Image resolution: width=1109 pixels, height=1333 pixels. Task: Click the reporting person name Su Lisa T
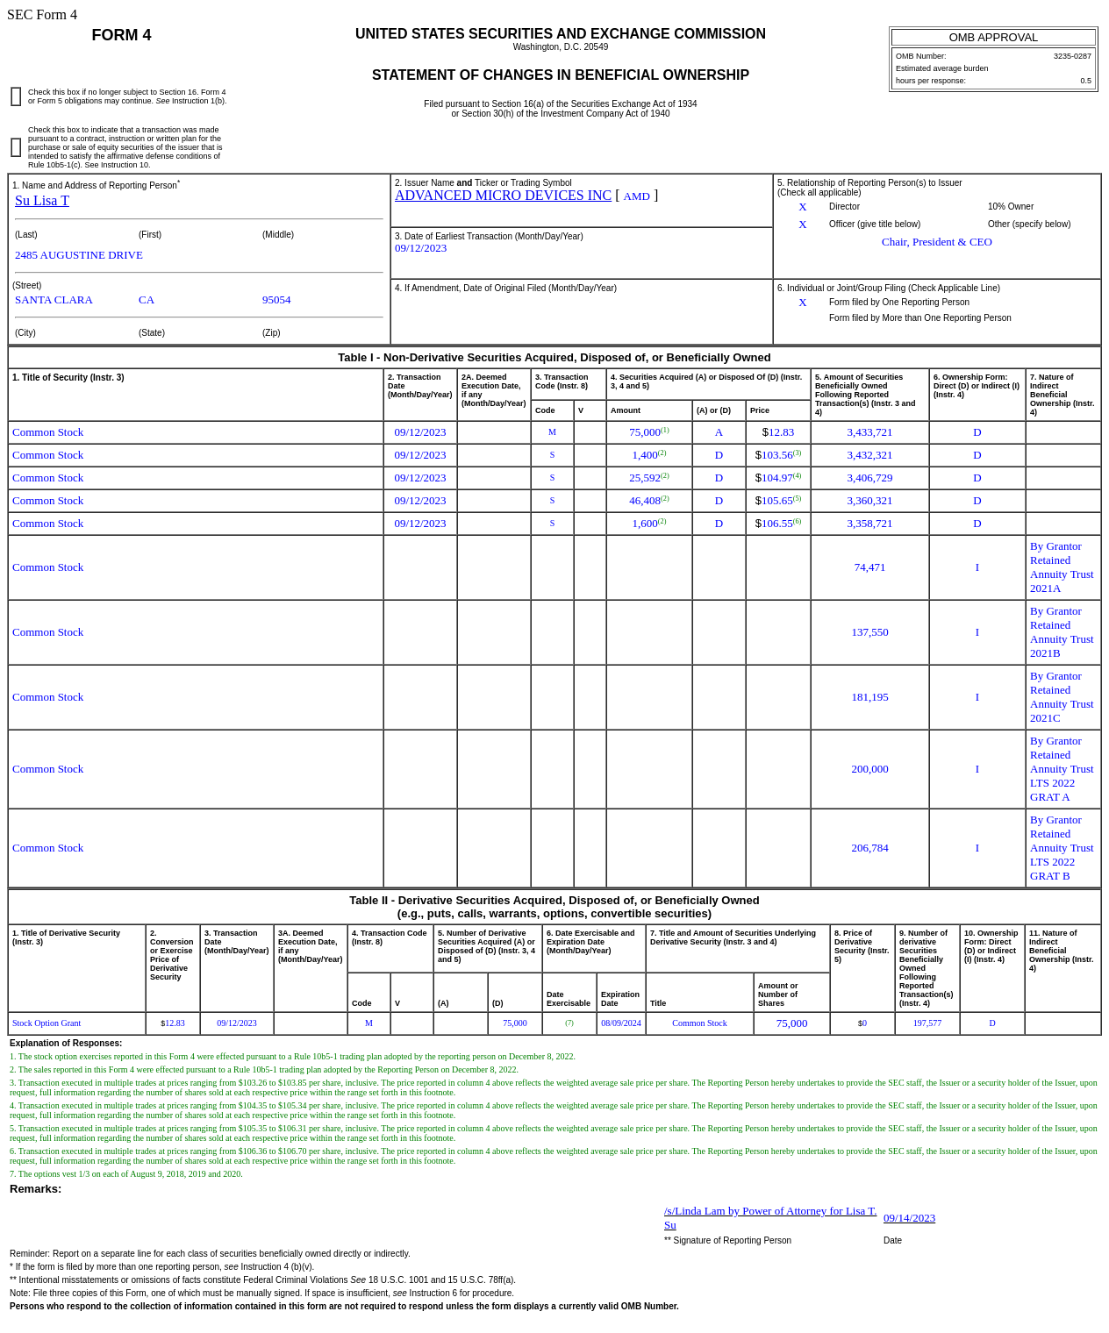tap(42, 201)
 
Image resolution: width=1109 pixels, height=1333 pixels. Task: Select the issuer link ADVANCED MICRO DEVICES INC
tap(503, 196)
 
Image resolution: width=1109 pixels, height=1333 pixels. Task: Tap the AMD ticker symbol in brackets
tap(636, 196)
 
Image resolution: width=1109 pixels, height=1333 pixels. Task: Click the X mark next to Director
tap(802, 207)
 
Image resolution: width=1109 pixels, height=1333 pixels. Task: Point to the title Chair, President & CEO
tap(936, 242)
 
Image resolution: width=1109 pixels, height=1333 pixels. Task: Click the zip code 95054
tap(276, 300)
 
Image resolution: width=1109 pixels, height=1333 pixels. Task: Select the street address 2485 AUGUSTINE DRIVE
tap(79, 255)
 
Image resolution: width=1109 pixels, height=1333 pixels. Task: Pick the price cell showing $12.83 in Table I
tap(778, 432)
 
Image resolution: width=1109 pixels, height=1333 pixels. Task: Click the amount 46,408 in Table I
tap(645, 501)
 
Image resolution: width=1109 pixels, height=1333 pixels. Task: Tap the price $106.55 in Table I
tap(777, 524)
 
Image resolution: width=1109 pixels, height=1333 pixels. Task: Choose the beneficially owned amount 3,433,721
tap(869, 432)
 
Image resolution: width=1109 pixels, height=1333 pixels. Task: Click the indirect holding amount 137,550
tap(869, 632)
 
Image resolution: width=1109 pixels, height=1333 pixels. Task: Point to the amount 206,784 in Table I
tap(869, 848)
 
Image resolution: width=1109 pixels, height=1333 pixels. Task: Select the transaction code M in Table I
tap(552, 432)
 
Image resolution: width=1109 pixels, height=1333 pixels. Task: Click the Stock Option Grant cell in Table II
tap(47, 1023)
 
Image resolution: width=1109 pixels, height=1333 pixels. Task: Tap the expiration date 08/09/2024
tap(621, 1023)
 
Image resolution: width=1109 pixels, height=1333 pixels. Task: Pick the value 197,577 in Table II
tap(927, 1023)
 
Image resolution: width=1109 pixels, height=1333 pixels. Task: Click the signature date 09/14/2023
tap(909, 1218)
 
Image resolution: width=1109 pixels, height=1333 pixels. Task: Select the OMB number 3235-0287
tap(1072, 56)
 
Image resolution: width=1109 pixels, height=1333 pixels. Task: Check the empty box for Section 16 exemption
tap(16, 96)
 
